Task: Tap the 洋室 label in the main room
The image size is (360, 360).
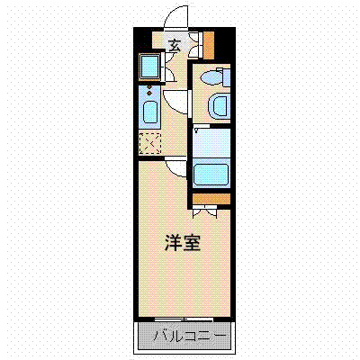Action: click(182, 243)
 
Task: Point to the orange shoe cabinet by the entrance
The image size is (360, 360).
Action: click(209, 43)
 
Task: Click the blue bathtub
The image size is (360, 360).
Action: click(211, 173)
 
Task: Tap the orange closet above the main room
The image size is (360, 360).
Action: click(210, 198)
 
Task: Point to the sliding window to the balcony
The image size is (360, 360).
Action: click(184, 319)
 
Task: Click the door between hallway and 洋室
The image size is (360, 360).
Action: click(175, 165)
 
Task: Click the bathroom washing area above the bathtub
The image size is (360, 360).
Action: click(211, 141)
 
